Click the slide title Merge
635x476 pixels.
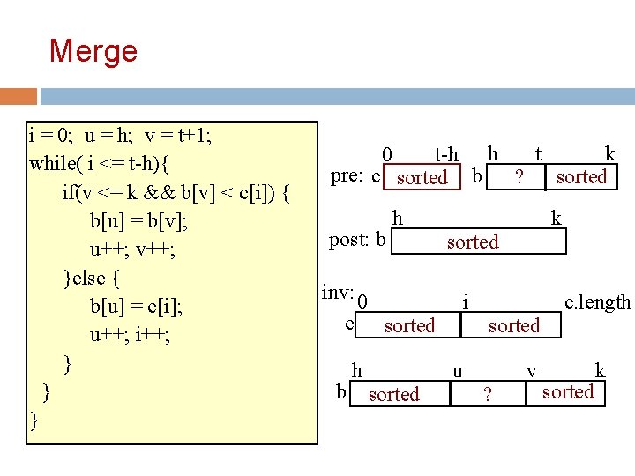click(x=93, y=50)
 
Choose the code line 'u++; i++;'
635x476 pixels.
click(x=131, y=335)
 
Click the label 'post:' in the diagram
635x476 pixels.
click(x=350, y=240)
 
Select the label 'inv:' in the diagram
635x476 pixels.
click(x=338, y=292)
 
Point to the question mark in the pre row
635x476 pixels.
click(x=519, y=177)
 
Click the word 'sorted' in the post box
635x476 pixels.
click(x=473, y=242)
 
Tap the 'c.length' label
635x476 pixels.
click(x=598, y=302)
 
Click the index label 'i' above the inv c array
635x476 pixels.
click(x=465, y=302)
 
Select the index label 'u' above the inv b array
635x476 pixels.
click(x=457, y=370)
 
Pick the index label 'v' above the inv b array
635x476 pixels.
click(x=531, y=370)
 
